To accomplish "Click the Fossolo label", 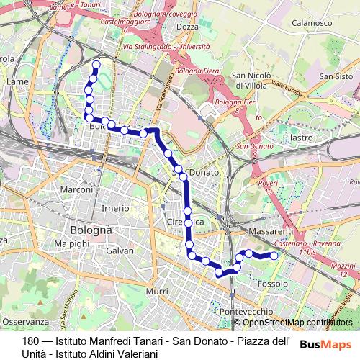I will click(x=273, y=284).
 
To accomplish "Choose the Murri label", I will click(x=156, y=291).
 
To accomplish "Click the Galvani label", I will click(x=121, y=251).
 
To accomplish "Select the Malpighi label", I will click(x=71, y=244).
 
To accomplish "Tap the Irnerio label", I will click(x=115, y=207).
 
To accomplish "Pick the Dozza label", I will click(x=187, y=27).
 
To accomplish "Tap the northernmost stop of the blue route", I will click(x=96, y=65).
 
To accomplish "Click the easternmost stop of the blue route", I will click(x=274, y=256).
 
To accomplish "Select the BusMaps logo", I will click(x=325, y=344).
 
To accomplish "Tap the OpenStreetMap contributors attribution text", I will click(x=297, y=323).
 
